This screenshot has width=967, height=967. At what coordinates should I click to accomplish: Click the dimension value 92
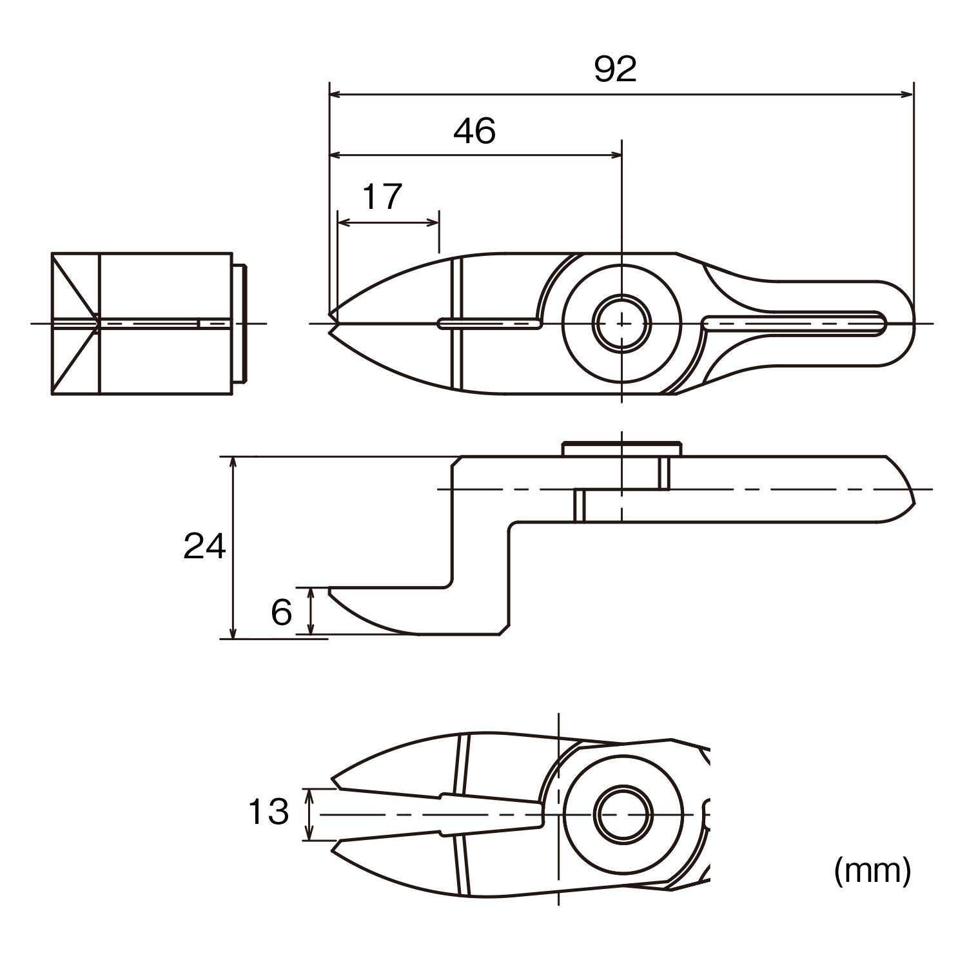pos(615,69)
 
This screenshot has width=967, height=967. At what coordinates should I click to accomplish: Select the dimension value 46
pos(474,131)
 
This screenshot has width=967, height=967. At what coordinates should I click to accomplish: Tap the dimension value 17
pos(382,197)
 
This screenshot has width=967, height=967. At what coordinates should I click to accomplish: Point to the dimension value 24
pos(204,547)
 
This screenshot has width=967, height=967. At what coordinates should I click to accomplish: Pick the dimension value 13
pos(268,812)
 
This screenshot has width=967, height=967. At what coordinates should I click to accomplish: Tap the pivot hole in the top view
pos(621,322)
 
